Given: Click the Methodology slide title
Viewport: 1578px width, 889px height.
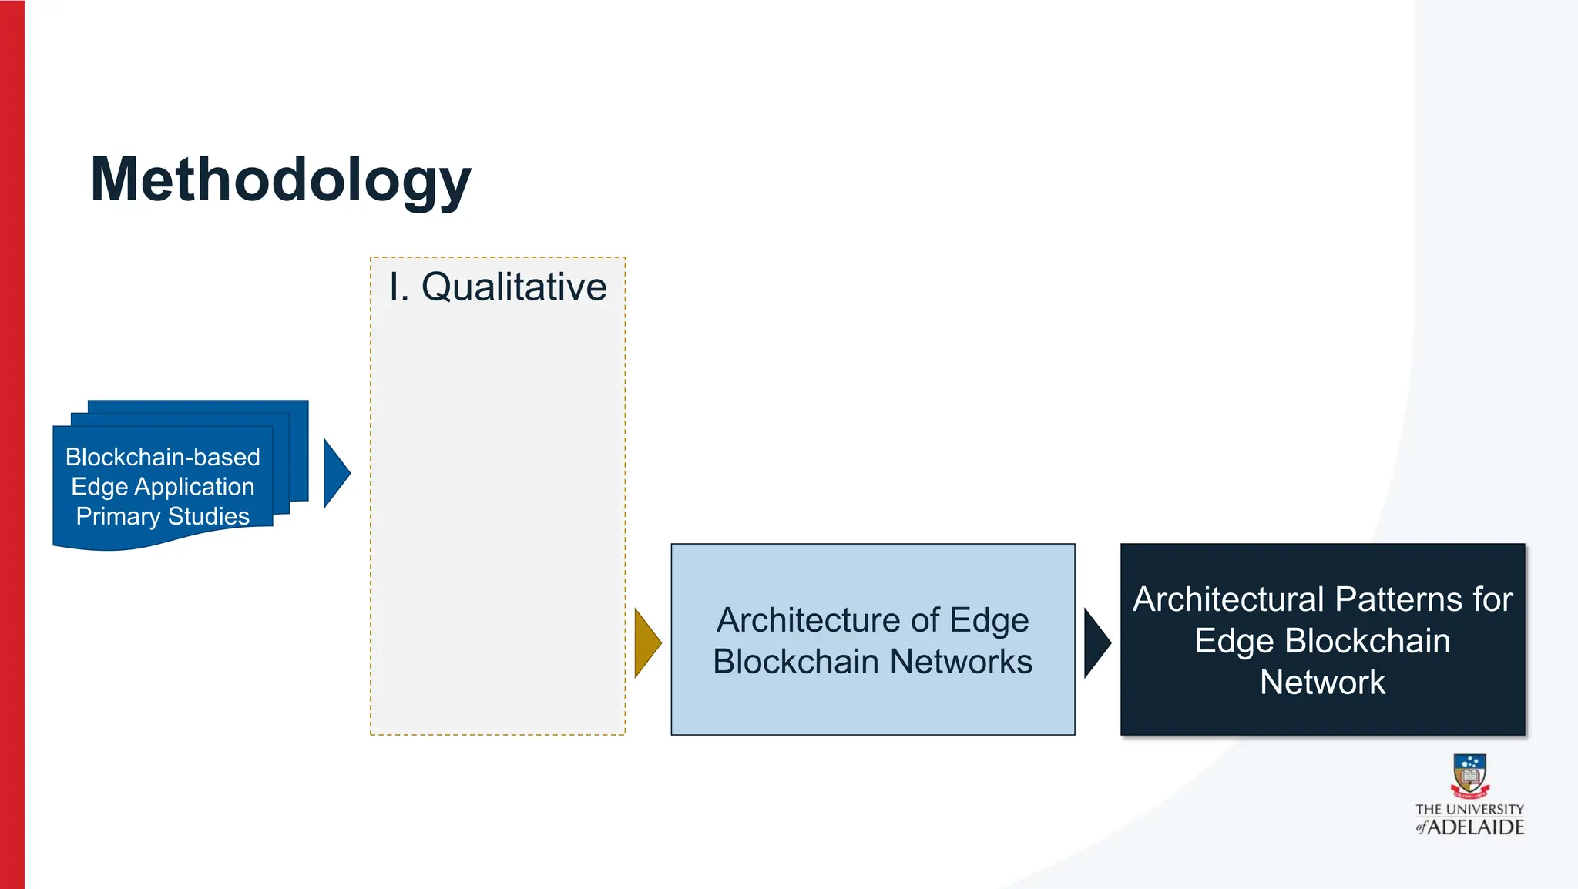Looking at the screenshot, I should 280,180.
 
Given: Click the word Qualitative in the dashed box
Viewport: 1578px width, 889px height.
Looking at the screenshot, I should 514,287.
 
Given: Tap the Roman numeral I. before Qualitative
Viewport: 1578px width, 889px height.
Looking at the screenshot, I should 398,287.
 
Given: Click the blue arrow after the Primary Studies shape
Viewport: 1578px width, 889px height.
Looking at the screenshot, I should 335,473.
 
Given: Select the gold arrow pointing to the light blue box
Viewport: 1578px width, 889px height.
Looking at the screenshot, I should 646,642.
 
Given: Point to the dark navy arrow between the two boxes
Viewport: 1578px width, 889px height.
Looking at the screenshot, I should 1096,642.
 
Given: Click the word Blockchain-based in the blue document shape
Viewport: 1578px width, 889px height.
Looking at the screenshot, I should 163,457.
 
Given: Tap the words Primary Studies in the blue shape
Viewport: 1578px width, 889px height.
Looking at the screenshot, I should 163,516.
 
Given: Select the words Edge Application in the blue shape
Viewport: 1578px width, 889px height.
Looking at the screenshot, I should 163,487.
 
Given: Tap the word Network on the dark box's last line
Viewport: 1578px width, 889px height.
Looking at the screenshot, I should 1322,683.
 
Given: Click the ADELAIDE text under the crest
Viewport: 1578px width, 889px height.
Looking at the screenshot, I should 1476,827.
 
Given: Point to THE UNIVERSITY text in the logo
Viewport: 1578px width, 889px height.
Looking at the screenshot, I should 1469,810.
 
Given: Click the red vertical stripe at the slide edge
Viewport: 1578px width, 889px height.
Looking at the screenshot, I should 12,445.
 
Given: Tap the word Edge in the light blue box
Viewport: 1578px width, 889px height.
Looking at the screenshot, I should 989,620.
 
